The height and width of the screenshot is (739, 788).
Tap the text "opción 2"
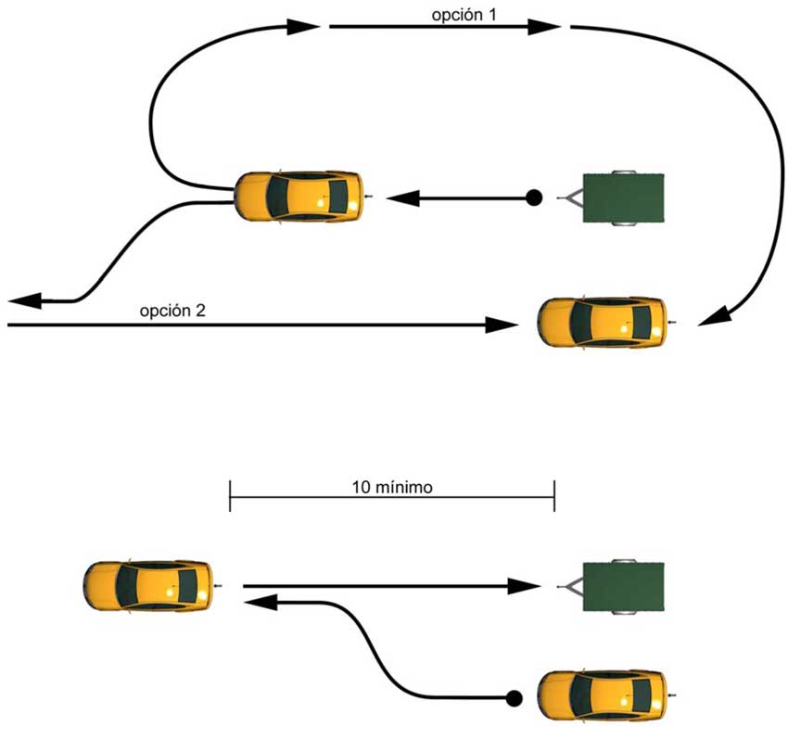click(172, 311)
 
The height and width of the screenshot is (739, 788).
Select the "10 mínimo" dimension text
click(392, 486)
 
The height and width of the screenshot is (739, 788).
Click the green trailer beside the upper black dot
click(622, 197)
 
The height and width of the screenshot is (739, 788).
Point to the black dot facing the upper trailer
click(533, 197)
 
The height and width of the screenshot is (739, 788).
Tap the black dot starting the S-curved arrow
click(513, 697)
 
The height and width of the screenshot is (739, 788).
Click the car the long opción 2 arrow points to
click(604, 322)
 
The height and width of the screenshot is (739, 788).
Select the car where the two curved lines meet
click(299, 196)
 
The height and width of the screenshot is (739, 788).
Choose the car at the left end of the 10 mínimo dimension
click(148, 585)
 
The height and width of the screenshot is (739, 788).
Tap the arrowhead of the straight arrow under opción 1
click(543, 28)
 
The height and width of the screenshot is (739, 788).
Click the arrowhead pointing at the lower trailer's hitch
click(527, 586)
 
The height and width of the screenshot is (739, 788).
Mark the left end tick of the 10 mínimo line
click(230, 496)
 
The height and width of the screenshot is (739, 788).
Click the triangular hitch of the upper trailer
click(569, 197)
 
